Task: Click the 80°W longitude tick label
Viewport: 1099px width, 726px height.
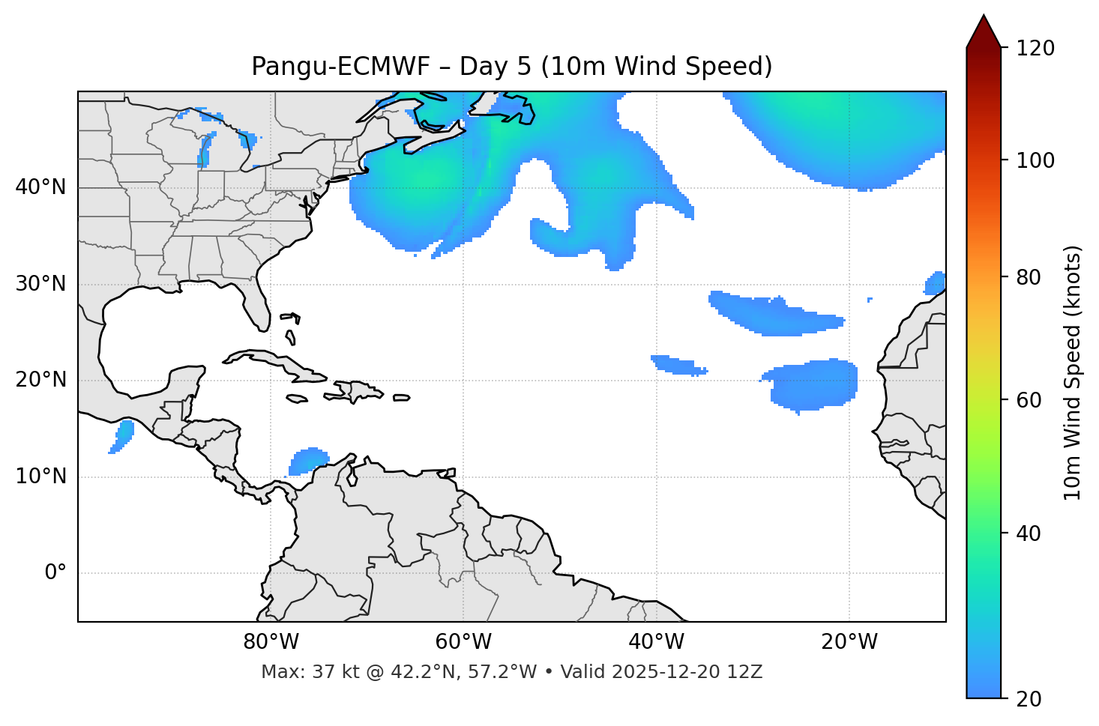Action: click(271, 642)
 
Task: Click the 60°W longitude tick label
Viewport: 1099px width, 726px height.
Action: click(463, 642)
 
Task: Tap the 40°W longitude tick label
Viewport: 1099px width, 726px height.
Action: click(657, 642)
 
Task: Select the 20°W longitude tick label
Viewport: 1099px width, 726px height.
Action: click(849, 642)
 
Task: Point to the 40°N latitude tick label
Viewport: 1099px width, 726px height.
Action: click(40, 187)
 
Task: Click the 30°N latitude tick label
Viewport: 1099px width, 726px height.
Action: click(40, 284)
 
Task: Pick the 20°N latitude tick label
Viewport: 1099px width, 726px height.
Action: click(40, 380)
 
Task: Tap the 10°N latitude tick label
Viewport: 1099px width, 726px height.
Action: click(40, 477)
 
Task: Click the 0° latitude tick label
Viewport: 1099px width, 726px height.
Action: click(55, 573)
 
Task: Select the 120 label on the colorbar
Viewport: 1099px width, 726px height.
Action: click(1035, 48)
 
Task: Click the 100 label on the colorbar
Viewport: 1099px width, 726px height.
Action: click(1035, 160)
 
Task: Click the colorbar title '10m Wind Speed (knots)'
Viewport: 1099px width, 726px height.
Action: click(1073, 372)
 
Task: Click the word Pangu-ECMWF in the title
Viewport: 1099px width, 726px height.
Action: click(340, 67)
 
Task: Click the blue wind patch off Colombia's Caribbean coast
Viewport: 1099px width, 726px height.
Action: click(308, 460)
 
